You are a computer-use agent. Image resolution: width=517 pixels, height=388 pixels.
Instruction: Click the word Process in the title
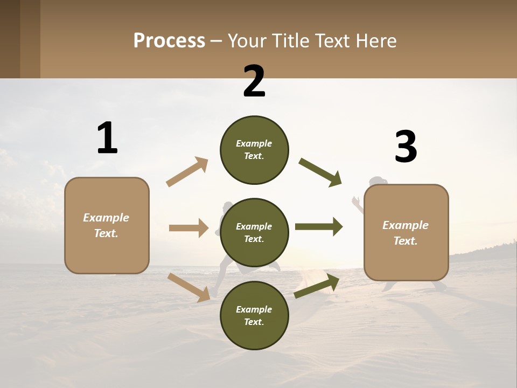(x=169, y=40)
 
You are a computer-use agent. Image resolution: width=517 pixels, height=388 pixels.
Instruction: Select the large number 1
(x=107, y=138)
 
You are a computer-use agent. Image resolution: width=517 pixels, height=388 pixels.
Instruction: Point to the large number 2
(x=254, y=81)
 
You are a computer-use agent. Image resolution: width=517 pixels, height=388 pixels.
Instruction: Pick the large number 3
(x=406, y=147)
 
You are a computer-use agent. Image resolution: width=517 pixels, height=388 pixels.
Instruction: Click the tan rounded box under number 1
(x=107, y=225)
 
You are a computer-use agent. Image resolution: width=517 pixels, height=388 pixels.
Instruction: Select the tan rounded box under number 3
(x=406, y=233)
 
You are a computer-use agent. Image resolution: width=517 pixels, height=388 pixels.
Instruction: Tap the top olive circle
(x=254, y=150)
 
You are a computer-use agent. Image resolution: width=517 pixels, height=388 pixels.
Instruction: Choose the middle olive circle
(x=254, y=233)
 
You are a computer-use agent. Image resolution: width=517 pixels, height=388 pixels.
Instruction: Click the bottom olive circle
(x=254, y=316)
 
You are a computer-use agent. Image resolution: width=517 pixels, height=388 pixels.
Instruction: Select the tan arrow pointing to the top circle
(x=187, y=172)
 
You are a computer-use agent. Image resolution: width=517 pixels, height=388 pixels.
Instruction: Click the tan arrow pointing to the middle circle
(x=188, y=228)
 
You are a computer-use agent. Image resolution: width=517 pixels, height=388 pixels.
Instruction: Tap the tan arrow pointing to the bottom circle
(x=188, y=287)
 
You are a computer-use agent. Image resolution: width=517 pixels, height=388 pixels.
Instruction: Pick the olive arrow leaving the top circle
(x=320, y=172)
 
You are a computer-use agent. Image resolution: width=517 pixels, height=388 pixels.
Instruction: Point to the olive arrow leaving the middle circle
(x=319, y=227)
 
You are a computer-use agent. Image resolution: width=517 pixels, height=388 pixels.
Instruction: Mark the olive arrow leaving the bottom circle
(x=317, y=286)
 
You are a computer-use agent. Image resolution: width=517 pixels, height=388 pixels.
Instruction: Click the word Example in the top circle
(x=254, y=144)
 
